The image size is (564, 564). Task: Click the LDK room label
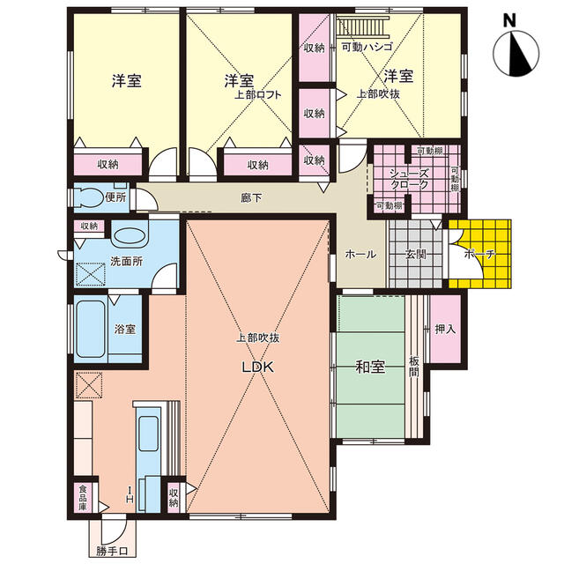point(257,367)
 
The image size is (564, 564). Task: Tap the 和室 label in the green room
point(370,367)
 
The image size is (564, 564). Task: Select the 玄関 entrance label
point(415,255)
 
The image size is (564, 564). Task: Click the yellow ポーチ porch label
point(479,255)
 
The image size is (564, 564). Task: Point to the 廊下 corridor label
point(251,197)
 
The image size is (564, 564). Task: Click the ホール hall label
point(360,255)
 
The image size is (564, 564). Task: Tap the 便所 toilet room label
point(115,197)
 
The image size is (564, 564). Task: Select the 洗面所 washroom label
point(126,261)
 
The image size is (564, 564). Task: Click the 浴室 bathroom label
point(125,329)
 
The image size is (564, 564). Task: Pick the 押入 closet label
point(445,329)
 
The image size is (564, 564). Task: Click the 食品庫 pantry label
point(83,498)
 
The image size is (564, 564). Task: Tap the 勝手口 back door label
point(112,552)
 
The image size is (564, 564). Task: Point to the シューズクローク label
point(410,179)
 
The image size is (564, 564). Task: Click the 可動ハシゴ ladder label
point(367,47)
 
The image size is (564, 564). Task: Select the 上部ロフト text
point(257,95)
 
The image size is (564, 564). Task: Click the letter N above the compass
point(509,20)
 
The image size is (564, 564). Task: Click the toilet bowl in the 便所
point(88,197)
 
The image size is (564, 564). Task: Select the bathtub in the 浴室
point(91,329)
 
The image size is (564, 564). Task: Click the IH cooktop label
point(130,494)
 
